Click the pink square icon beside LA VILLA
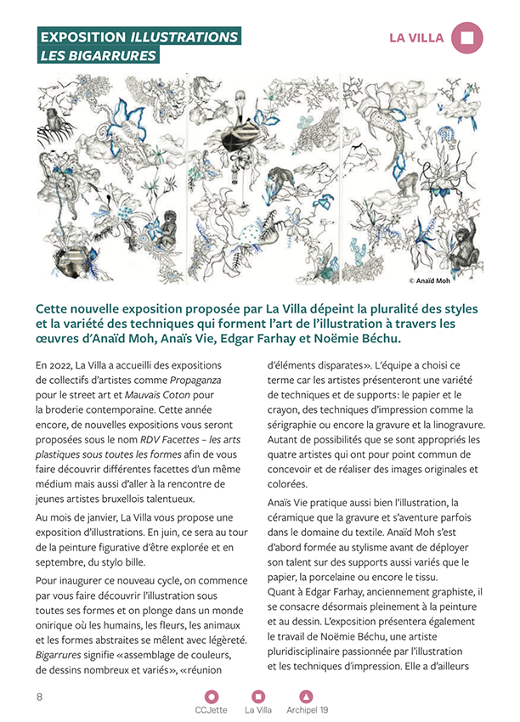point(467,37)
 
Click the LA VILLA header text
point(416,37)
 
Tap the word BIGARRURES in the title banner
point(115,56)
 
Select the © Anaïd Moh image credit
point(458,279)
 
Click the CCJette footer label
point(212,709)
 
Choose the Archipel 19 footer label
point(307,709)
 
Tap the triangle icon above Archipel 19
point(307,697)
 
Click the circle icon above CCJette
point(212,697)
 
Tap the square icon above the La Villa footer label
point(258,697)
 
